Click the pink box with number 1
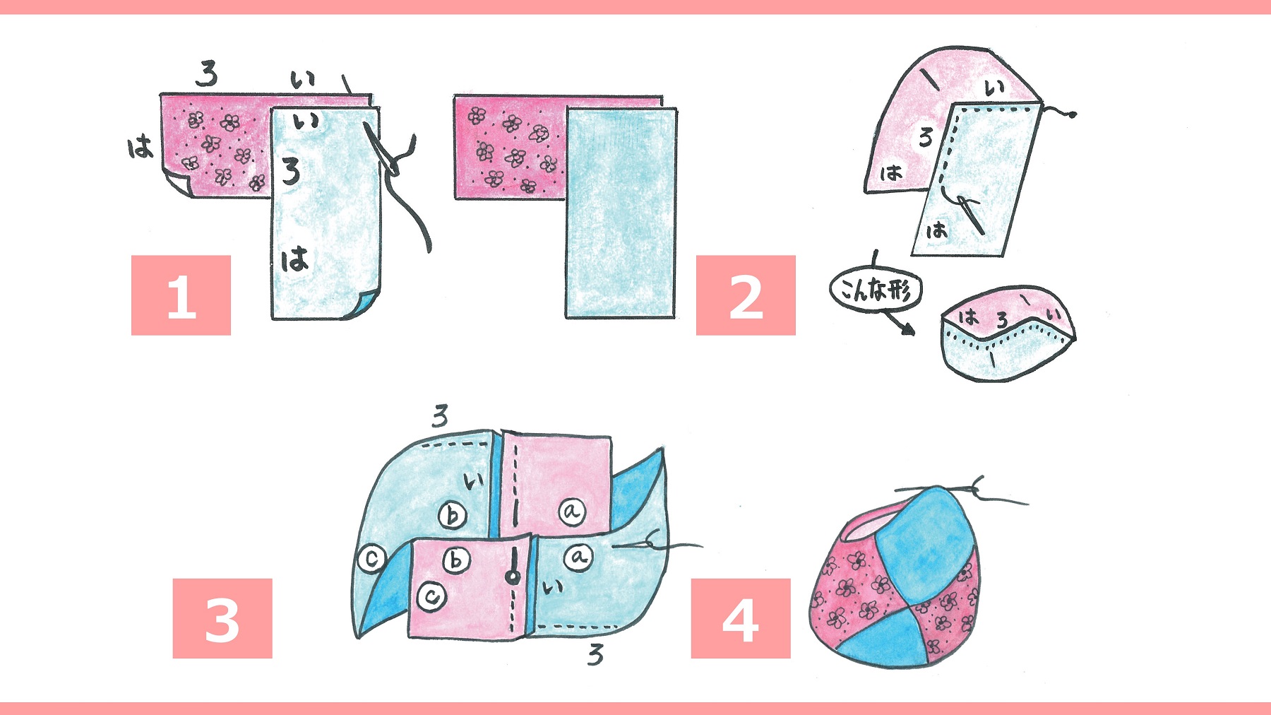tap(181, 295)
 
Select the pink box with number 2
tap(746, 295)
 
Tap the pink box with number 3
tap(222, 618)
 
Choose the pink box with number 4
tap(741, 618)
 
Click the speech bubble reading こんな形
tap(876, 290)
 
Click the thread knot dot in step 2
tap(1073, 114)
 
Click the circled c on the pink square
tap(431, 597)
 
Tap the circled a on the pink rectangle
tap(572, 511)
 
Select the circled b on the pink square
tap(456, 560)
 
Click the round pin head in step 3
tap(513, 577)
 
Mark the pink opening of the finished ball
tap(870, 527)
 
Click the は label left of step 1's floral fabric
tap(140, 148)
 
